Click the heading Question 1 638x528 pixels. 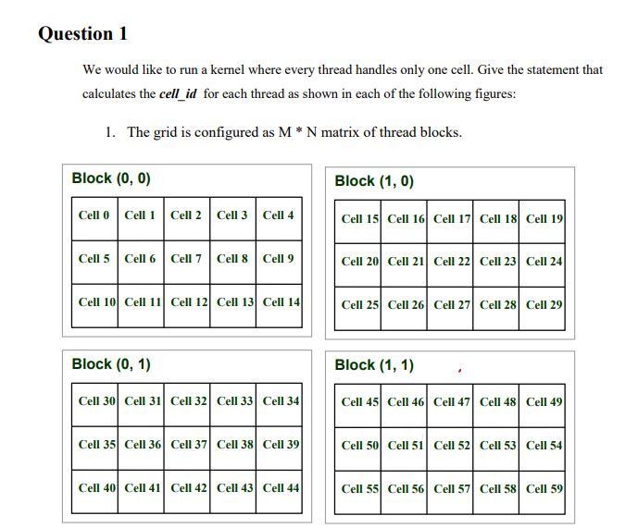(82, 34)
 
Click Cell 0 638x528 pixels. (94, 215)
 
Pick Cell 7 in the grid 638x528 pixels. (186, 259)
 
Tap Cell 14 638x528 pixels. (281, 301)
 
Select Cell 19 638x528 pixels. (544, 219)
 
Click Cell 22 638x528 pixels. (452, 262)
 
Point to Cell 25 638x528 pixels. (359, 304)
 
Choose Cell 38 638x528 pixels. (235, 445)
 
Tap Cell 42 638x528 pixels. (189, 487)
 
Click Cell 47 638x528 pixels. (452, 402)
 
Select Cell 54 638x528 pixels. (544, 446)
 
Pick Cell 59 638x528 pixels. (544, 488)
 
